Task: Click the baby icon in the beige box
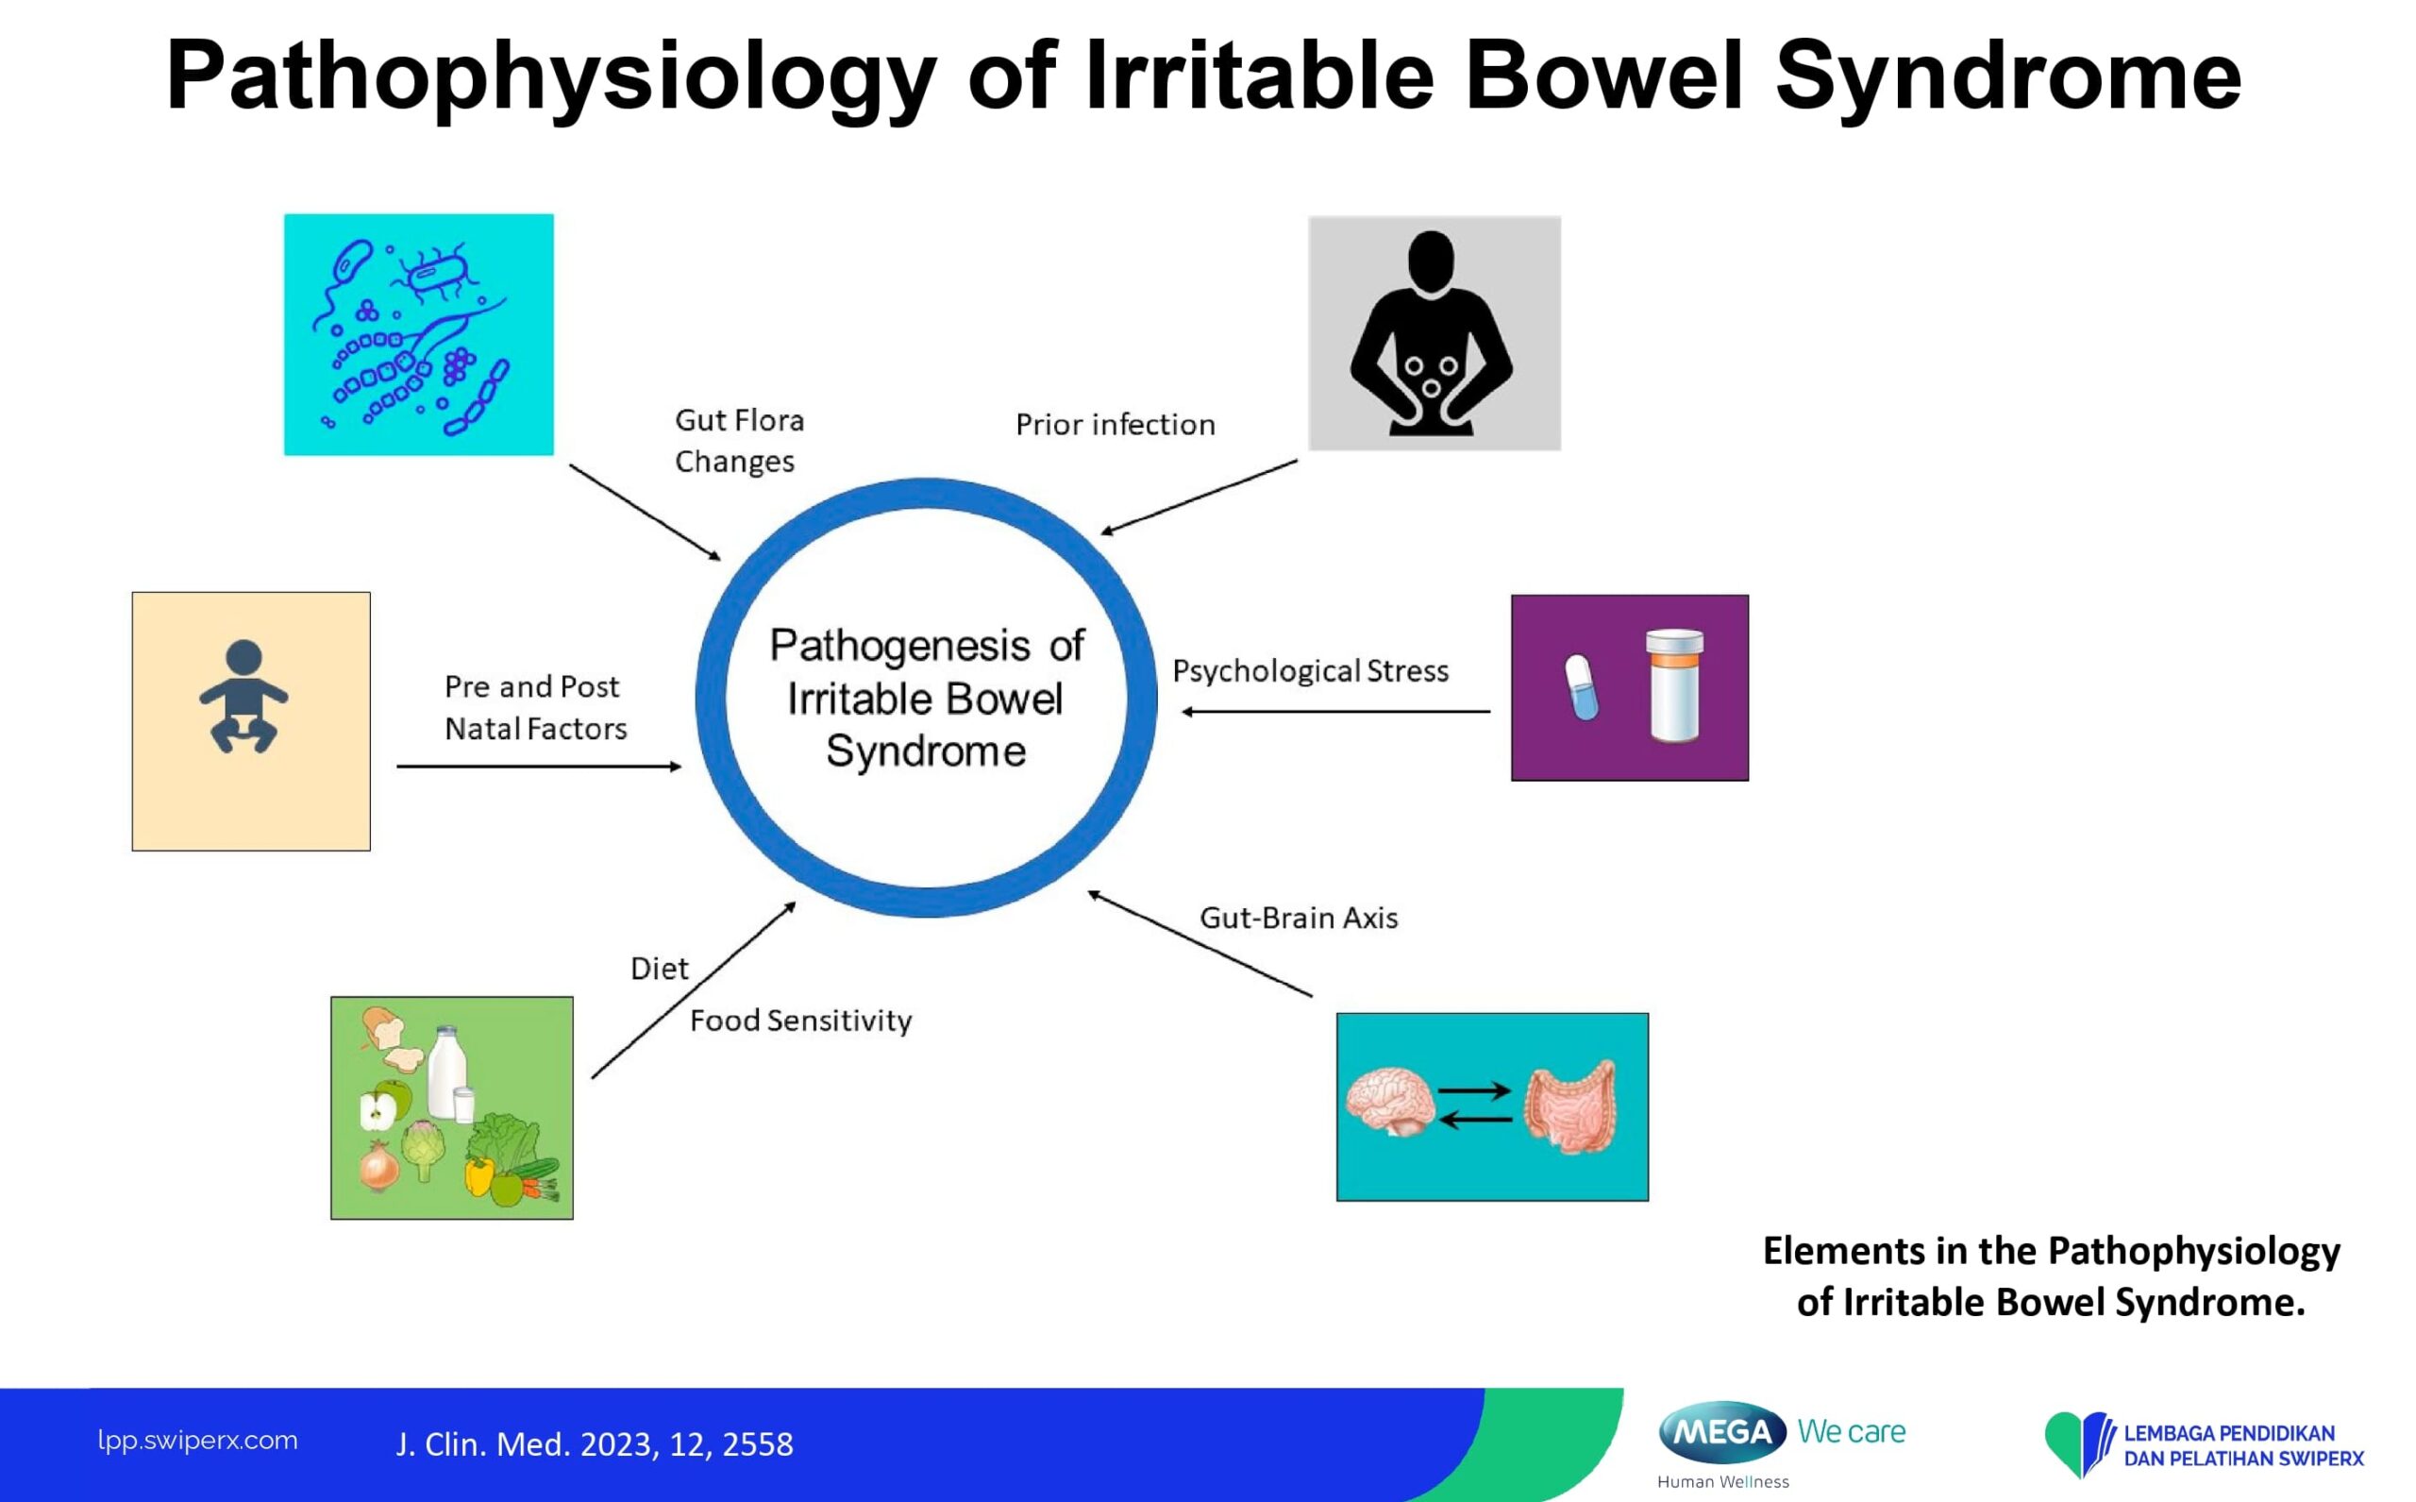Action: click(243, 696)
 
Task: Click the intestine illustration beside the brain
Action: click(1571, 1107)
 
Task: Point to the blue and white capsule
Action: click(1581, 686)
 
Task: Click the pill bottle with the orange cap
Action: click(1674, 684)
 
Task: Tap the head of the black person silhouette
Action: click(1431, 261)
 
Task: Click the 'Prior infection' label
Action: click(1116, 425)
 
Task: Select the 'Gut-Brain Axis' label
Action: click(1299, 918)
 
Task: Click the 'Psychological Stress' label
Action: click(1311, 671)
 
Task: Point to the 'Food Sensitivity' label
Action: click(800, 1021)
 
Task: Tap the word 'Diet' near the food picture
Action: click(660, 969)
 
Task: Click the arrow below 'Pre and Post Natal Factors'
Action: click(538, 766)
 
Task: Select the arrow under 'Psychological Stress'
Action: click(1335, 711)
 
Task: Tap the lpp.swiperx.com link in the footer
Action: click(197, 1441)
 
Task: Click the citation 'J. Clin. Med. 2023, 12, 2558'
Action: click(595, 1444)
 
